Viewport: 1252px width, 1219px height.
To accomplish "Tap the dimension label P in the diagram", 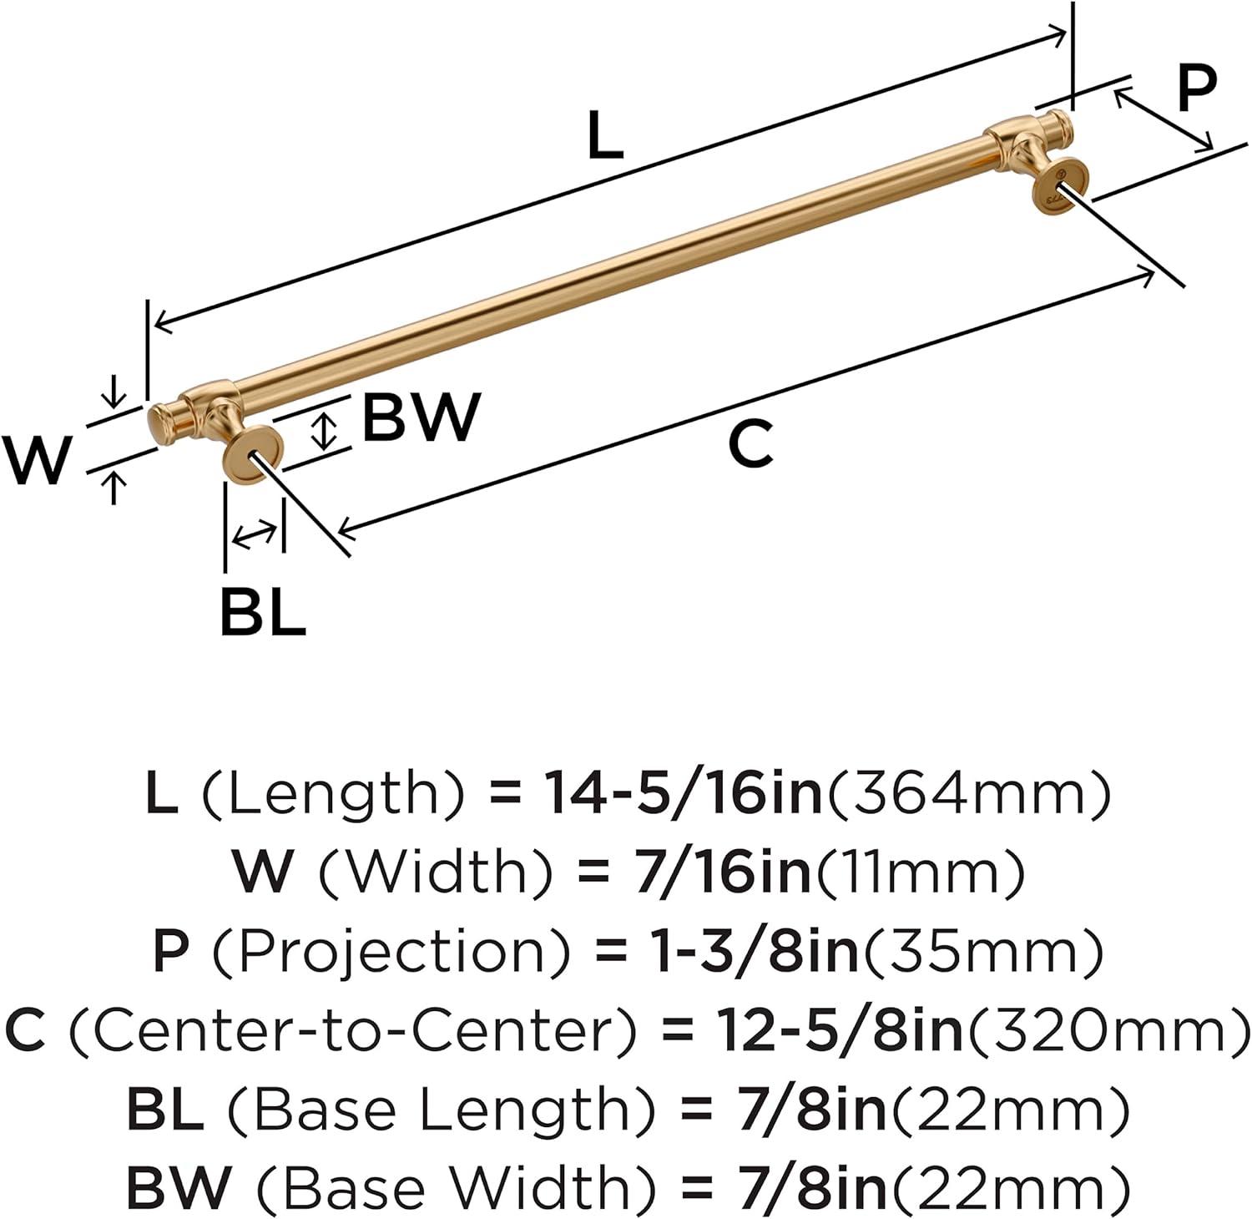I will pos(1196,89).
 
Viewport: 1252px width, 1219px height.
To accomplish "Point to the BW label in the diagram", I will pos(422,417).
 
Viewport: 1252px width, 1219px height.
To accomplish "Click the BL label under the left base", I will pos(262,612).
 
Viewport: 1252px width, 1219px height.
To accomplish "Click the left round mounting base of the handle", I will pos(254,455).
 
